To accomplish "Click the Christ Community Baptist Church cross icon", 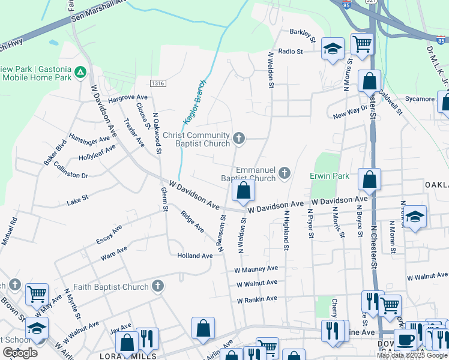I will [239, 139].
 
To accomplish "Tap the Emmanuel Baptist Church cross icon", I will [285, 174].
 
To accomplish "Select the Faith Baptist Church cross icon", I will [157, 287].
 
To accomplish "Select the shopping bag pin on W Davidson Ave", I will [243, 191].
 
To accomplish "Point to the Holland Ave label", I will [195, 256].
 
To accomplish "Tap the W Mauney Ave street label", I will [256, 269].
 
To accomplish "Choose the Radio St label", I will [291, 52].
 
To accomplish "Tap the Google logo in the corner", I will [20, 352].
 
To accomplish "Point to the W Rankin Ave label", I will [256, 299].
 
